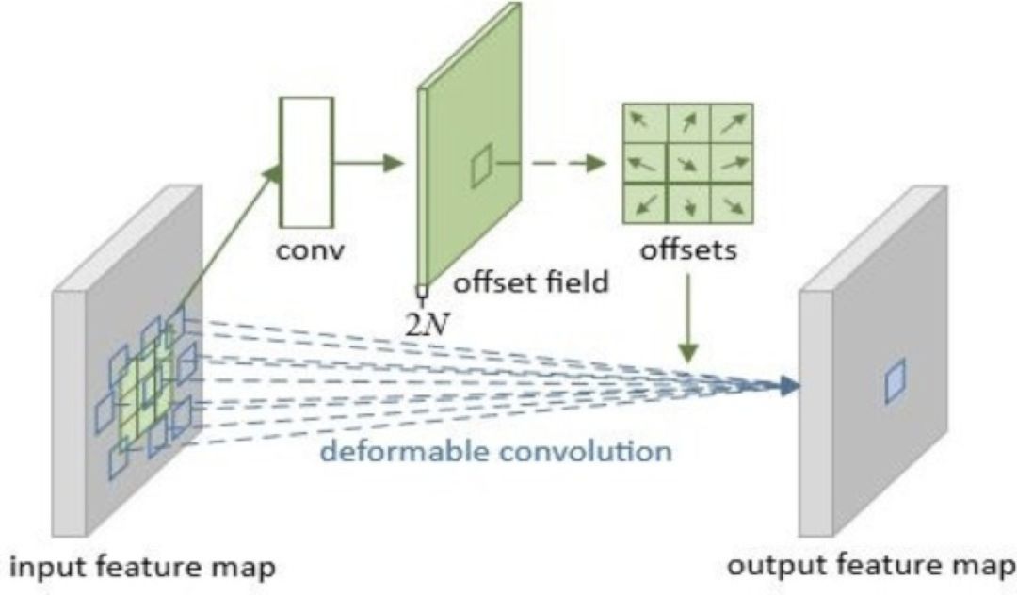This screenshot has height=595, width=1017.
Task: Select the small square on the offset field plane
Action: pos(481,169)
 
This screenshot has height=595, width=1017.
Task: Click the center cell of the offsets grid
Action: pos(687,163)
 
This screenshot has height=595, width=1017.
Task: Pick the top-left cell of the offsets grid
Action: pos(644,121)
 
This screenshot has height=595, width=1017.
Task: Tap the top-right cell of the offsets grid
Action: pos(731,121)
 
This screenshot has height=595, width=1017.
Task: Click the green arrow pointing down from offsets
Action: pos(689,320)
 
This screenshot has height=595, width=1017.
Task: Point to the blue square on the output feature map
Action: pos(895,383)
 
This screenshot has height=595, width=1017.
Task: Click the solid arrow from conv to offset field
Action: pos(367,162)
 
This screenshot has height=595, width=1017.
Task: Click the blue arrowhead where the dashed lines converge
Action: pos(789,384)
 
